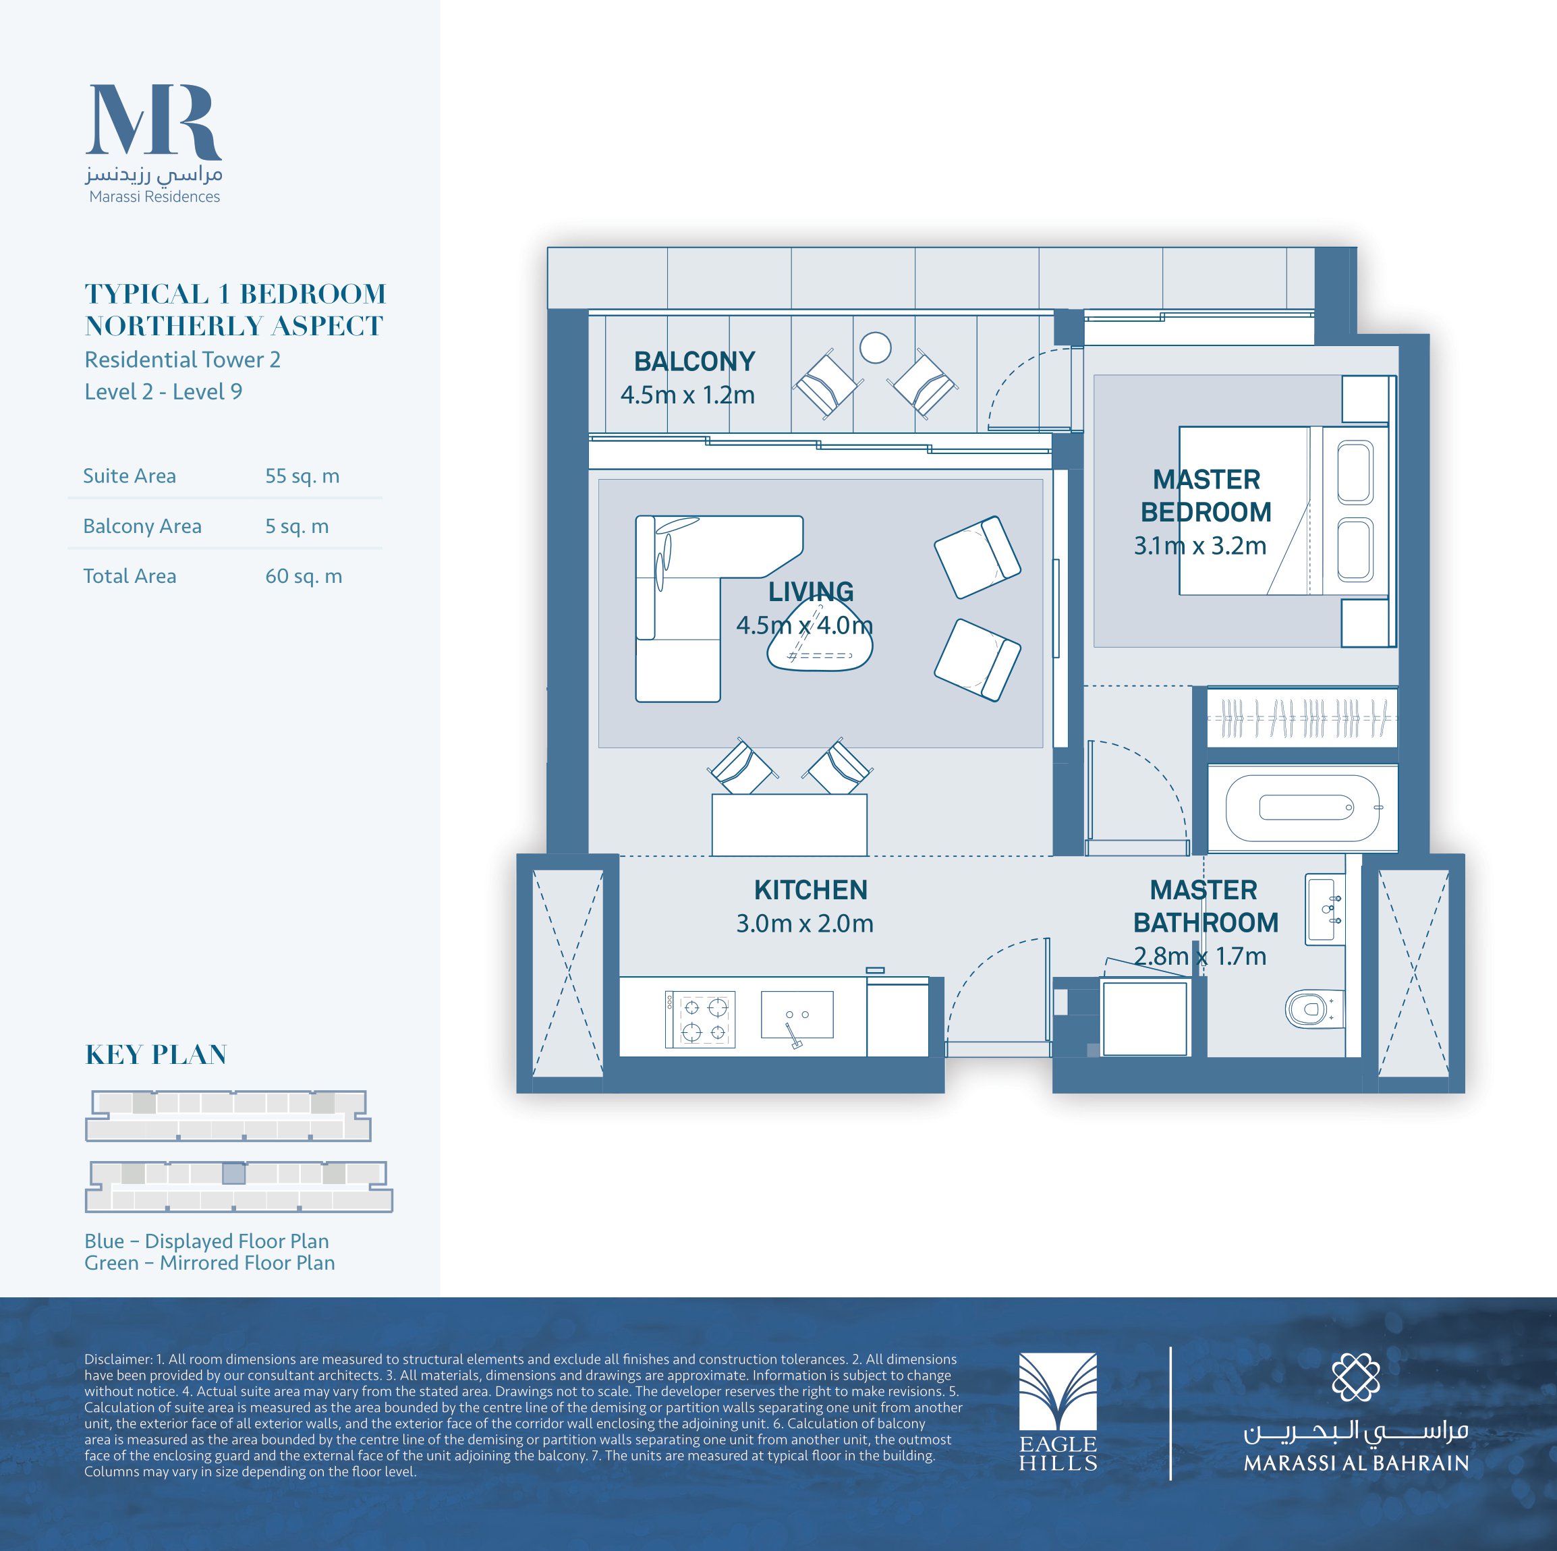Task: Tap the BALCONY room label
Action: click(694, 361)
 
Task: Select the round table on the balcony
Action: click(875, 348)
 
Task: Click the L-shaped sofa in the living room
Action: click(701, 596)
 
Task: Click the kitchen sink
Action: click(797, 1015)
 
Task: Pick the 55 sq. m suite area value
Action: click(302, 476)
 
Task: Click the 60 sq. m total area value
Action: click(304, 575)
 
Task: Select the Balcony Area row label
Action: click(142, 526)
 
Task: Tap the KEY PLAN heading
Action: click(157, 1054)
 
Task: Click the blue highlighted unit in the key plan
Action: click(233, 1173)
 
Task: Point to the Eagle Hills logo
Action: click(1057, 1412)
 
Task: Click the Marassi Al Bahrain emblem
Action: click(1355, 1377)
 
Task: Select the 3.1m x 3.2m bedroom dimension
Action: click(1200, 546)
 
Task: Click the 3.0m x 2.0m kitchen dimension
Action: click(804, 923)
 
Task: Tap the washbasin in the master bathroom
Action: click(1325, 909)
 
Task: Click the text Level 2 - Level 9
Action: click(164, 392)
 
